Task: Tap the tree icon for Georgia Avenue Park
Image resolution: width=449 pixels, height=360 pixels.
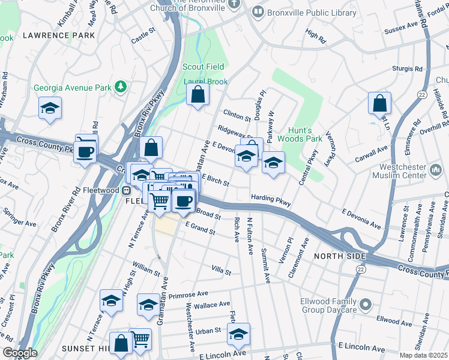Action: (x=121, y=88)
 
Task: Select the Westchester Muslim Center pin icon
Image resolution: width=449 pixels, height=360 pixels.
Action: (x=436, y=171)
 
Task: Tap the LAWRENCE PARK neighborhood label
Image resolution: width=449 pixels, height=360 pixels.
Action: (x=58, y=36)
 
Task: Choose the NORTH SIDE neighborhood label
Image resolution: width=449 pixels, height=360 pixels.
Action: (x=339, y=256)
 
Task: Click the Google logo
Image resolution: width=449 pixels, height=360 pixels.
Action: (x=19, y=353)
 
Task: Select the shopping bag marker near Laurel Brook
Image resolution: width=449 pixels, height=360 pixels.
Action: (x=197, y=94)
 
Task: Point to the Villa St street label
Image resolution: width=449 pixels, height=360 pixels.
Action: (x=220, y=271)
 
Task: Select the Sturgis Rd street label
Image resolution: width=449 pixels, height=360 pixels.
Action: (x=408, y=69)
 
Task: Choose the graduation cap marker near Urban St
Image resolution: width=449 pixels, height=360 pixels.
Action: (x=238, y=335)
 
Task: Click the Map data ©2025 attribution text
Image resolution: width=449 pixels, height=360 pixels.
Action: (x=424, y=355)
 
